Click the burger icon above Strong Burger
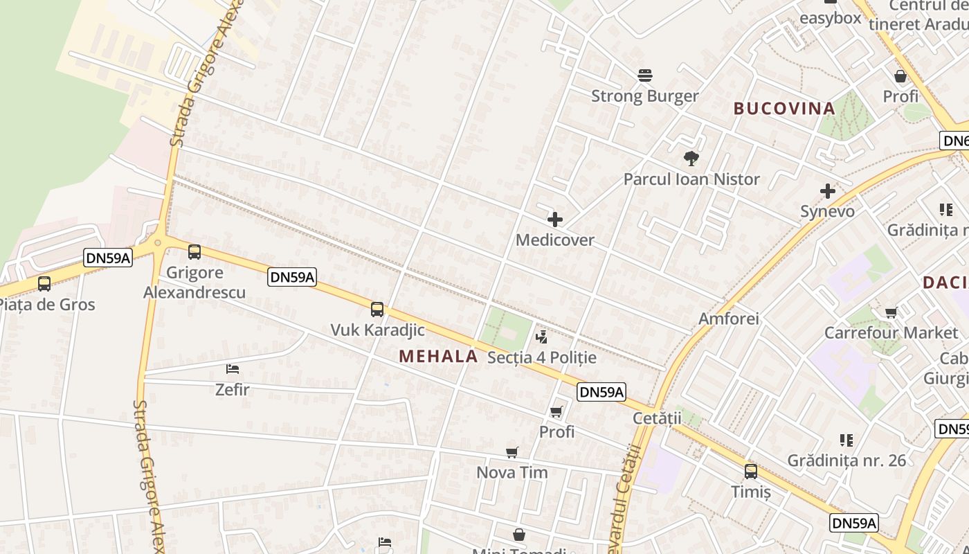click(645, 75)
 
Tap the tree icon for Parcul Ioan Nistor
click(691, 159)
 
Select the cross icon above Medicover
click(555, 220)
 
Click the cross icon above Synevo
click(827, 191)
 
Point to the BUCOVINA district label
click(784, 108)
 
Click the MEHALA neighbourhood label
click(438, 356)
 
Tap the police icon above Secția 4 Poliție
click(542, 337)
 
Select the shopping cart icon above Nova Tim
click(512, 452)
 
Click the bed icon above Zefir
click(233, 369)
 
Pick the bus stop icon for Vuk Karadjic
click(377, 309)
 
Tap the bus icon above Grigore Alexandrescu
click(194, 252)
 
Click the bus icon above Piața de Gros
click(44, 283)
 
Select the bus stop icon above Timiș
click(751, 472)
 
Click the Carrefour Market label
click(891, 332)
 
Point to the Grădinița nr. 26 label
click(846, 460)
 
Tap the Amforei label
click(729, 319)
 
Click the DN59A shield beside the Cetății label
click(601, 392)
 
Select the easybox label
click(830, 18)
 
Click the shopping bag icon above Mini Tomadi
click(519, 535)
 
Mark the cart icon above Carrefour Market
click(891, 312)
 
